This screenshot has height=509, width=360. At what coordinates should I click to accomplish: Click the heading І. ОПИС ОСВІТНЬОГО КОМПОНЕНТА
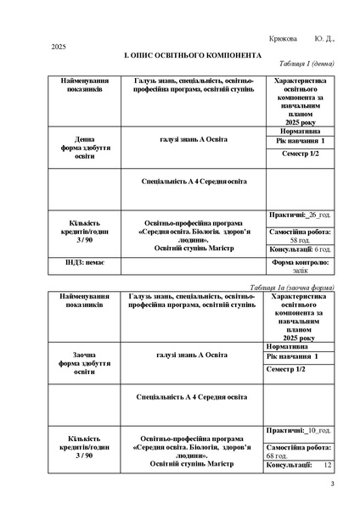pos(179,53)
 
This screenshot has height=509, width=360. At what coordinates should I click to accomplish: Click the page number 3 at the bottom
pos(333,484)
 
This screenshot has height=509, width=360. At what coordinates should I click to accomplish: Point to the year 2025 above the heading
pos(59,46)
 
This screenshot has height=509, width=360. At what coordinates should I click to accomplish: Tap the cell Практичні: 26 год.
pos(300,215)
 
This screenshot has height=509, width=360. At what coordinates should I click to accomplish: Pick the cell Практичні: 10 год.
pos(299,431)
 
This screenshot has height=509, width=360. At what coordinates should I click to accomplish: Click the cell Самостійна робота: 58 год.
pos(300,235)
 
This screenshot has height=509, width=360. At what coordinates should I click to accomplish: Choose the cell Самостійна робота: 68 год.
pos(300,451)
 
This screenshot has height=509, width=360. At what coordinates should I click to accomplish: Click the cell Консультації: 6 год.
pos(300,250)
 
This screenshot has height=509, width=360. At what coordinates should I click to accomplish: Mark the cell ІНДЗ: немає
pos(84,264)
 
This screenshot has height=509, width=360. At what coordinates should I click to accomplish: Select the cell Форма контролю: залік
pos(300,266)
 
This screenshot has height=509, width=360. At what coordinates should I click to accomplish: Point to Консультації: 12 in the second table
pos(300,466)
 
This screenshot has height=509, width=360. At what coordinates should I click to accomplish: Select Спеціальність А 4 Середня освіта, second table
pos(192,396)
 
